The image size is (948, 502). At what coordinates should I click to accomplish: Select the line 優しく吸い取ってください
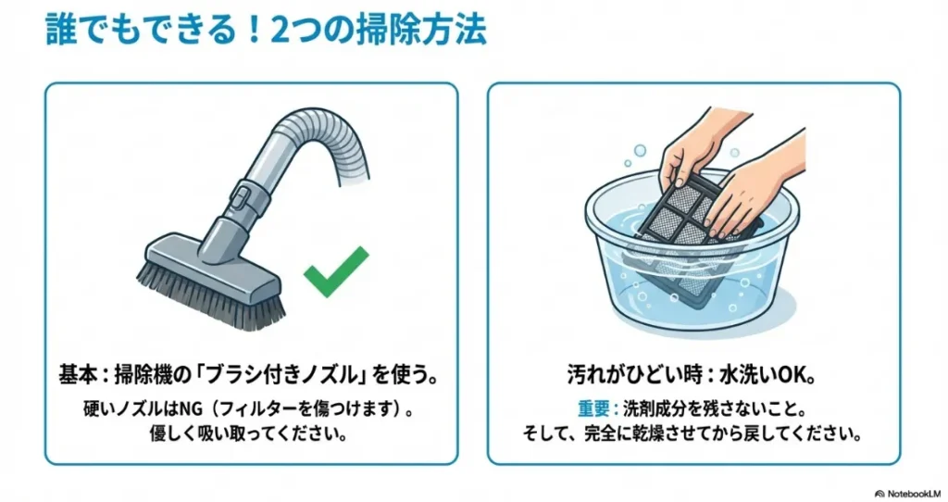[249, 434]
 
